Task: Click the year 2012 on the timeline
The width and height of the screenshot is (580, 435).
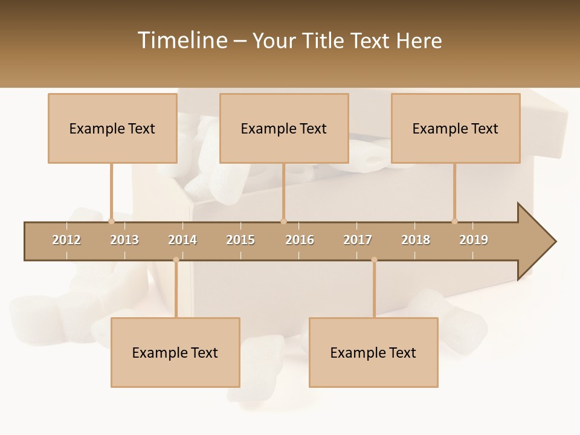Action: pyautogui.click(x=66, y=240)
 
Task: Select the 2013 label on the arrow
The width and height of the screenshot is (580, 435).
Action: pyautogui.click(x=124, y=240)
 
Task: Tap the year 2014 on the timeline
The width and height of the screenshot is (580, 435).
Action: pyautogui.click(x=182, y=240)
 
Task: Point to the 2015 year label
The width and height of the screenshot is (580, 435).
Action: pyautogui.click(x=240, y=240)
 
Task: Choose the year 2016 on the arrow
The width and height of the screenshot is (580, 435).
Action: pyautogui.click(x=300, y=240)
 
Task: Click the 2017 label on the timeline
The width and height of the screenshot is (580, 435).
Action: pyautogui.click(x=358, y=240)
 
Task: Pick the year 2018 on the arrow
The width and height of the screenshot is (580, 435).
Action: pyautogui.click(x=416, y=240)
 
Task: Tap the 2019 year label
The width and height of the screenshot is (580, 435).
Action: pyautogui.click(x=474, y=240)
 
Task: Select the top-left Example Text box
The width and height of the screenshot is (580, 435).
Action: pyautogui.click(x=112, y=128)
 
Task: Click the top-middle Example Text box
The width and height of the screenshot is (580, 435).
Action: pyautogui.click(x=284, y=128)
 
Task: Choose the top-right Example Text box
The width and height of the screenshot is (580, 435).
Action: pyautogui.click(x=456, y=128)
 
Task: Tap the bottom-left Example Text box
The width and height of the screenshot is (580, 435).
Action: pyautogui.click(x=175, y=352)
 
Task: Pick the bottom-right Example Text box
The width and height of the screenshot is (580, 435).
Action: pyautogui.click(x=373, y=352)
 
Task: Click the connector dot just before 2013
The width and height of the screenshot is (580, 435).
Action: pyautogui.click(x=112, y=221)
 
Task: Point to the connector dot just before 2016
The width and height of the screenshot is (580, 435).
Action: pyautogui.click(x=283, y=221)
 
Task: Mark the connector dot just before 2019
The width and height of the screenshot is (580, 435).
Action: pyautogui.click(x=455, y=221)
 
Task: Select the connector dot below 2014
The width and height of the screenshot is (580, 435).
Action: pyautogui.click(x=176, y=260)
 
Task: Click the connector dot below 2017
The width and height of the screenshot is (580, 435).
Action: pyautogui.click(x=374, y=260)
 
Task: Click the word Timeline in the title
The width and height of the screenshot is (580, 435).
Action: pyautogui.click(x=181, y=40)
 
